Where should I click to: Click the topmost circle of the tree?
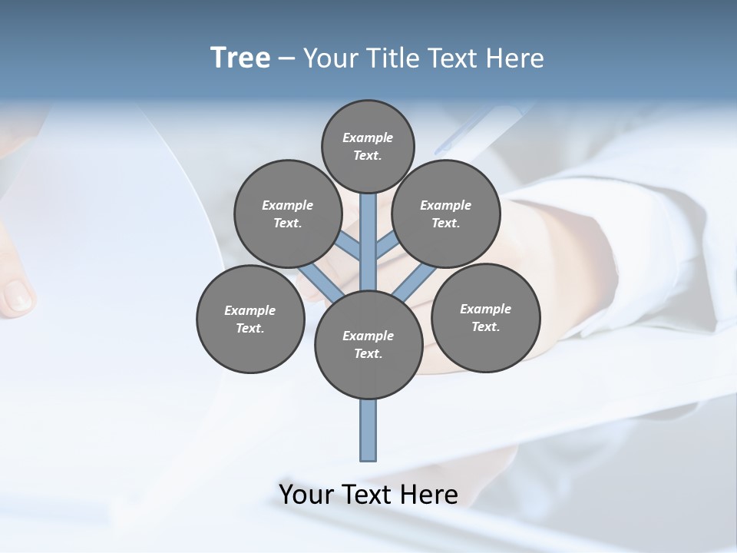368,146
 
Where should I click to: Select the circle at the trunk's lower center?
368,345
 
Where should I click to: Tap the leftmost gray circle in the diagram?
250,319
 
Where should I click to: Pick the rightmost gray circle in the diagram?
485,317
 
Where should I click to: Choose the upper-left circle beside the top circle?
287,214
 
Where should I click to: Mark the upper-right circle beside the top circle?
446,214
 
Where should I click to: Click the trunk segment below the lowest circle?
368,430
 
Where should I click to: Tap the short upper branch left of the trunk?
349,247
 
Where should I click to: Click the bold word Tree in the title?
240,58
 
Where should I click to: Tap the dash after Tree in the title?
286,58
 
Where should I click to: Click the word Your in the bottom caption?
306,494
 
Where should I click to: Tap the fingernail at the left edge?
18,296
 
